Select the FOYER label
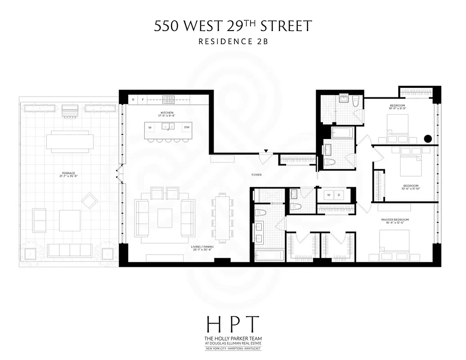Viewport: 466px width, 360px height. click(257, 175)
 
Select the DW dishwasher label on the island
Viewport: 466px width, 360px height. click(186, 127)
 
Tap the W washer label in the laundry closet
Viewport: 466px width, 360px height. click(329, 195)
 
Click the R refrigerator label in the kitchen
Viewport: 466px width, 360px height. click(133, 99)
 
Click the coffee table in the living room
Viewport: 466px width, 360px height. click(165, 217)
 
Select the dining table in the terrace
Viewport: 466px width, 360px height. click(70, 141)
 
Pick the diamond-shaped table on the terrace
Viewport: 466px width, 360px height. click(89, 200)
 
